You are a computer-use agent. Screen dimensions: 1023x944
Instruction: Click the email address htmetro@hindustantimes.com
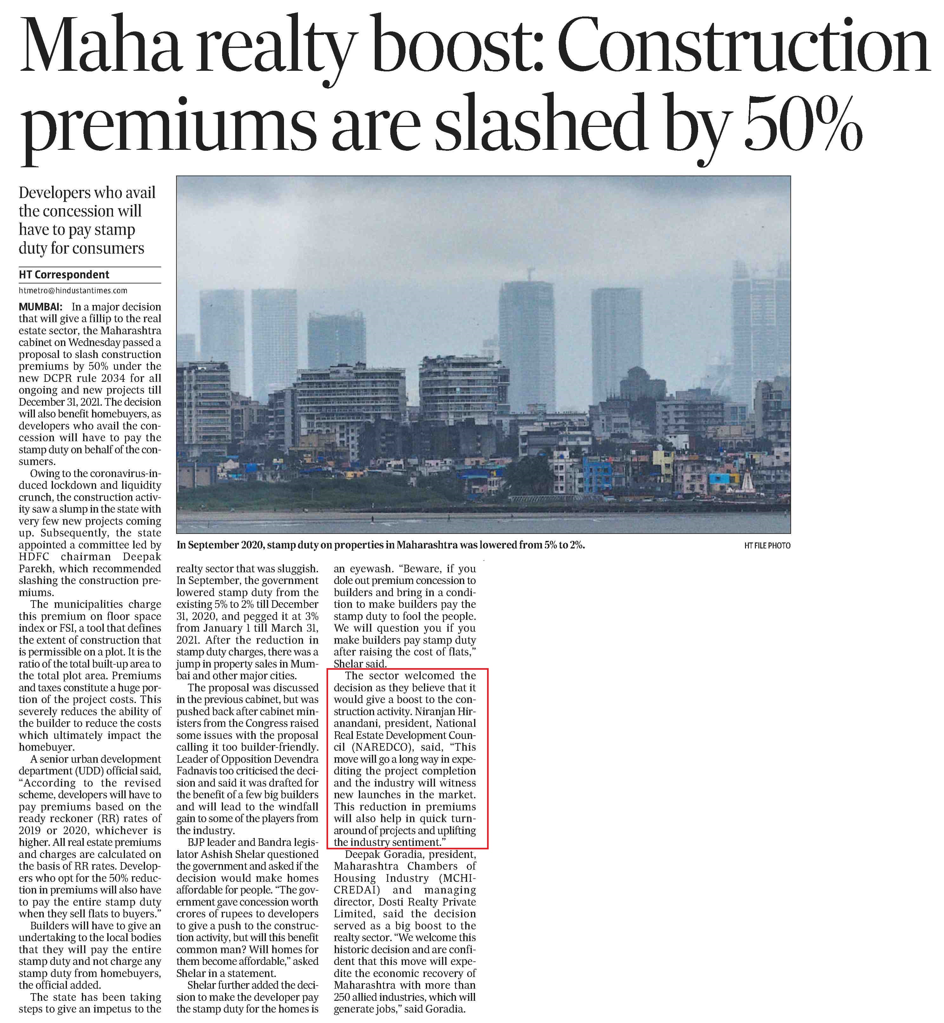73,290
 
